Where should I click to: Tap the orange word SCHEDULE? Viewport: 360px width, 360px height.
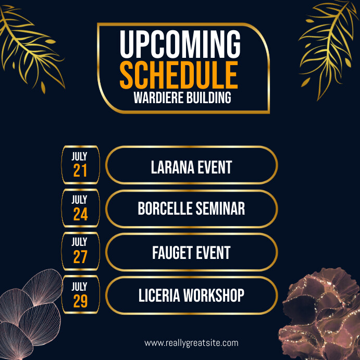click(179, 75)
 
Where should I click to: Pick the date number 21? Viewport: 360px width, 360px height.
click(80, 171)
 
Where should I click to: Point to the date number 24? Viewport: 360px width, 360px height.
click(80, 215)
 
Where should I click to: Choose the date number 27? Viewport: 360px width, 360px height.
click(80, 257)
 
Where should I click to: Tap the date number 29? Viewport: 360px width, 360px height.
click(80, 301)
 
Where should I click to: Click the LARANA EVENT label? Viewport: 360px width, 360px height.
click(191, 167)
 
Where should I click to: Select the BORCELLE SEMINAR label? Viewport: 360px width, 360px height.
click(191, 209)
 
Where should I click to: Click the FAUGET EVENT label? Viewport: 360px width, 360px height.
click(191, 253)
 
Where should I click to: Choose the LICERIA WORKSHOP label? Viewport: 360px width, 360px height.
click(191, 295)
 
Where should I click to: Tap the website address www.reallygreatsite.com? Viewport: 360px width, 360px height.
click(191, 343)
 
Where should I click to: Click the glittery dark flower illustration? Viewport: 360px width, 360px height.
click(320, 318)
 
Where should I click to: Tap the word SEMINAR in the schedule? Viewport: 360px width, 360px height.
click(220, 209)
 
